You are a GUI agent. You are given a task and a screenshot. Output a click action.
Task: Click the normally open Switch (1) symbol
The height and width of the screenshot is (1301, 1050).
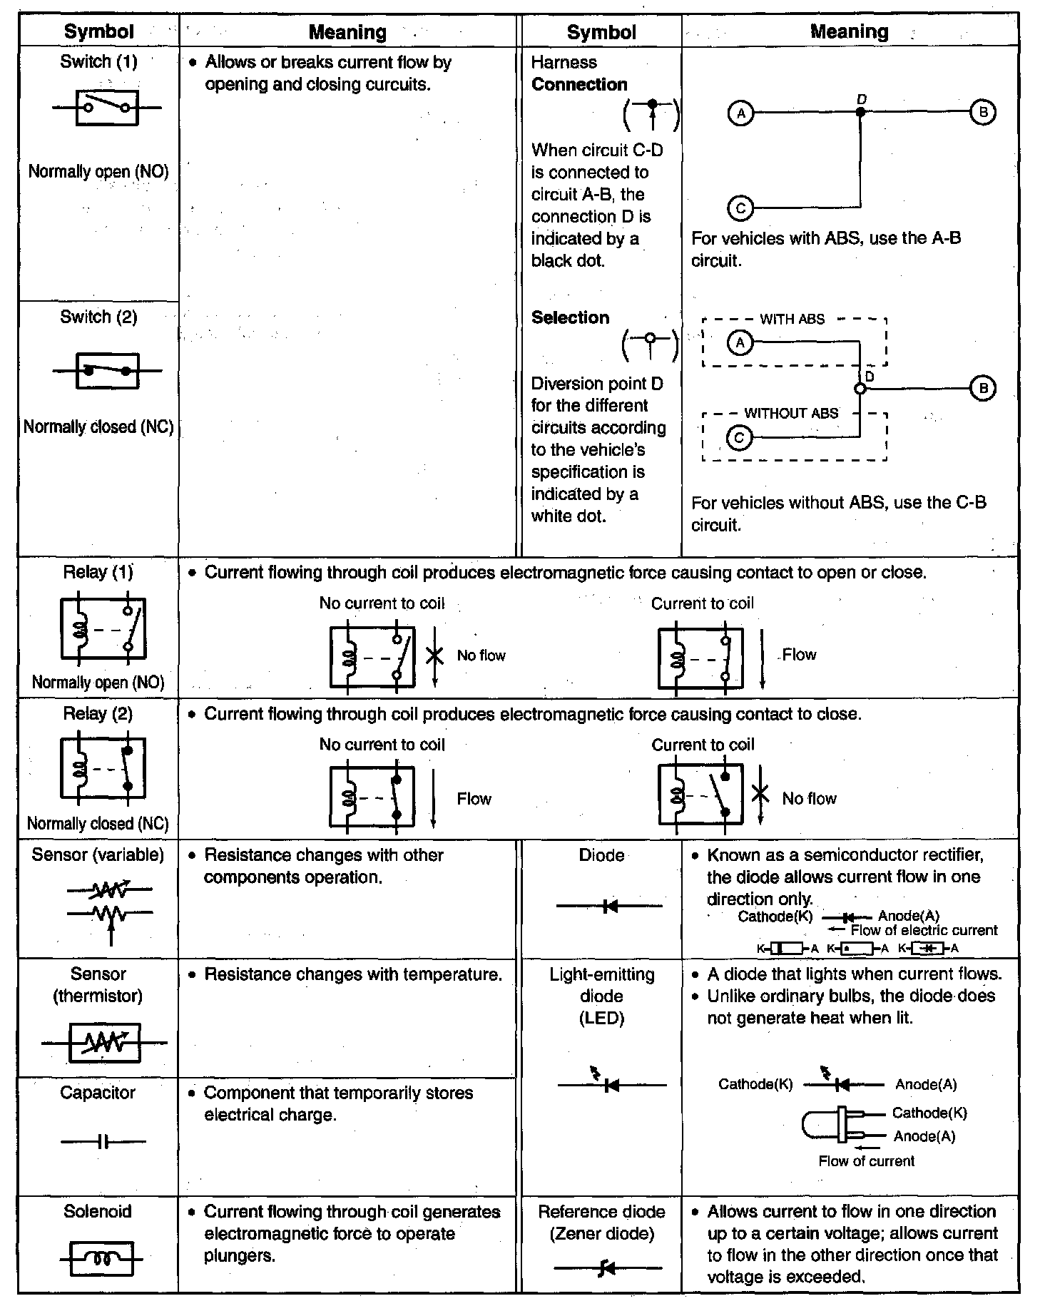107,108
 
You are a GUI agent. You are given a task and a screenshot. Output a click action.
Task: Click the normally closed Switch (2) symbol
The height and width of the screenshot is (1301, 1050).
107,370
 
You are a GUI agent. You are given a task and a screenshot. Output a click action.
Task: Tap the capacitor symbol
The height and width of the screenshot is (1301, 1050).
104,1142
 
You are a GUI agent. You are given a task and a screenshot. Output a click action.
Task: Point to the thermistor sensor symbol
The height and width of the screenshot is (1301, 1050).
104,1043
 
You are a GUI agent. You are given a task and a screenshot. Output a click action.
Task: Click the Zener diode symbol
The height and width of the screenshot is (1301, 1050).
608,1267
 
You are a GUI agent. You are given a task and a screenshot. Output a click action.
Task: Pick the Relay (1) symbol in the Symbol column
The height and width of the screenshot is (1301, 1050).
103,628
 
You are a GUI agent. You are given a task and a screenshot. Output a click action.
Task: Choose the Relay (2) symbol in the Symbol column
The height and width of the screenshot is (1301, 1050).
103,769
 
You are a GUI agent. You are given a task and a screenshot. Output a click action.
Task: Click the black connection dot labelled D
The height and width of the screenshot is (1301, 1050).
860,113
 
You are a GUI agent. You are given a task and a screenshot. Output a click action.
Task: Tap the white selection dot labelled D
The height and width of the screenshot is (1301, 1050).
860,389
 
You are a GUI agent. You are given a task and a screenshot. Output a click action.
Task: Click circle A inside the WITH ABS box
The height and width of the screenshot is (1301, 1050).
740,343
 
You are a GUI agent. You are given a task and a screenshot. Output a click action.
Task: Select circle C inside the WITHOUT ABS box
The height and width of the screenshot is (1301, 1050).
739,437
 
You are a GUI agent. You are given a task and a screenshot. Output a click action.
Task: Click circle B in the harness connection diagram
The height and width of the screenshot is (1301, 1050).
983,112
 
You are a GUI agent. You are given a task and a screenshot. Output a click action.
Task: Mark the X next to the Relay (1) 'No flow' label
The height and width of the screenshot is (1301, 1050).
434,655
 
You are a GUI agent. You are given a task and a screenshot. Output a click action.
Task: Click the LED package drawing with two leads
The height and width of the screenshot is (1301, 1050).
833,1124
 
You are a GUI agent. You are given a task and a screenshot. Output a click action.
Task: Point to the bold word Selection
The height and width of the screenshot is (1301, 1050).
570,317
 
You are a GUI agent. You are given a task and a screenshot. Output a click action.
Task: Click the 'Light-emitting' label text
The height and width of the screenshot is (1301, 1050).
601,974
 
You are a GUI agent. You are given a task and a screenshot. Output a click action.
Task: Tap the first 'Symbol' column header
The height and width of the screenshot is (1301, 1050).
98,31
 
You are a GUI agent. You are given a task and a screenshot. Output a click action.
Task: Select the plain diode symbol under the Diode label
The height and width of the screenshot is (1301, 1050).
609,906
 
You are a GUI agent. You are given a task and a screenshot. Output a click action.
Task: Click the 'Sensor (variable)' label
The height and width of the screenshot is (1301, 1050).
98,854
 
